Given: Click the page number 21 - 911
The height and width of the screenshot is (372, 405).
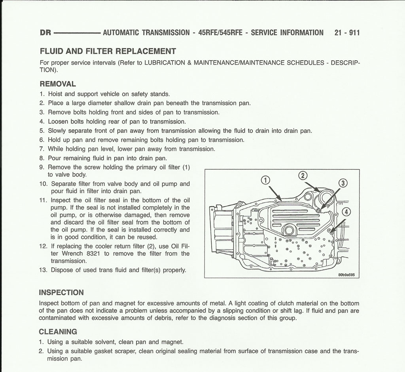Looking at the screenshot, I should point(347,33).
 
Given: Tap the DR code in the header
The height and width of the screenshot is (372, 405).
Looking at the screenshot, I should point(45,33).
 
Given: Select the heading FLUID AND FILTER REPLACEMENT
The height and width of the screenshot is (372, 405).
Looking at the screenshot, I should point(108,52).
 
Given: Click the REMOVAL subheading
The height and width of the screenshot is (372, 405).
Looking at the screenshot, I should point(58,84).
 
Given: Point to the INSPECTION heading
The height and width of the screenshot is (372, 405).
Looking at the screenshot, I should point(61,293).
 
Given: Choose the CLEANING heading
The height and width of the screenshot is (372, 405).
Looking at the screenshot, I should point(58,332).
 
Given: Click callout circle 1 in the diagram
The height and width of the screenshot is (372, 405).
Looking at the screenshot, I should point(266,180).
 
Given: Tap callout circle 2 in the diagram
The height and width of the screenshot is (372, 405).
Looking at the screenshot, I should point(302,176).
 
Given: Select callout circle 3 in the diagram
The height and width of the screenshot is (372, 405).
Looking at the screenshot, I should point(343,183).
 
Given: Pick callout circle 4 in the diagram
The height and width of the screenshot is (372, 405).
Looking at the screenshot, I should point(346,212).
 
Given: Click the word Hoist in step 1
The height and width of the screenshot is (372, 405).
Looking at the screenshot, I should point(56,94).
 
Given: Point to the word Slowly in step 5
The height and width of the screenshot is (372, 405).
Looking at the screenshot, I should point(58,131).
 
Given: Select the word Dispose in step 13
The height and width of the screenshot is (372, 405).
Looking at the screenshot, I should point(62,270).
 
